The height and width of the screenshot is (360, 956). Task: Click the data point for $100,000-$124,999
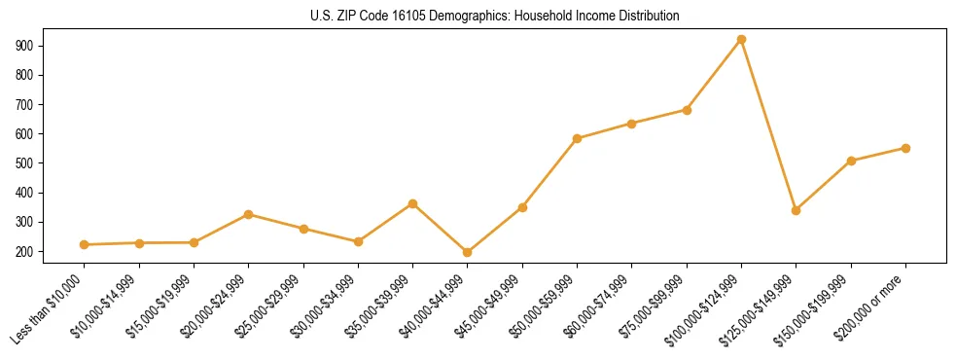[741, 40]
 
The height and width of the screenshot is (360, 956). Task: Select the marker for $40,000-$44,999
[468, 252]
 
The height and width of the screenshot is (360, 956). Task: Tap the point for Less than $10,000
[85, 244]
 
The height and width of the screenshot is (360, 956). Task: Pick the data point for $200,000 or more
[905, 148]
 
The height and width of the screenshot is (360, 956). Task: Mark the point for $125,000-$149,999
[797, 210]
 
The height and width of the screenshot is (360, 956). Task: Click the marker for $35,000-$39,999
[413, 203]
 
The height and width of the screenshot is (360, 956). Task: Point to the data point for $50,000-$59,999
[578, 138]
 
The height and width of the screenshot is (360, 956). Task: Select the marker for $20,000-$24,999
[249, 214]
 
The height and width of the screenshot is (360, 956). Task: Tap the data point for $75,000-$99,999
[687, 110]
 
